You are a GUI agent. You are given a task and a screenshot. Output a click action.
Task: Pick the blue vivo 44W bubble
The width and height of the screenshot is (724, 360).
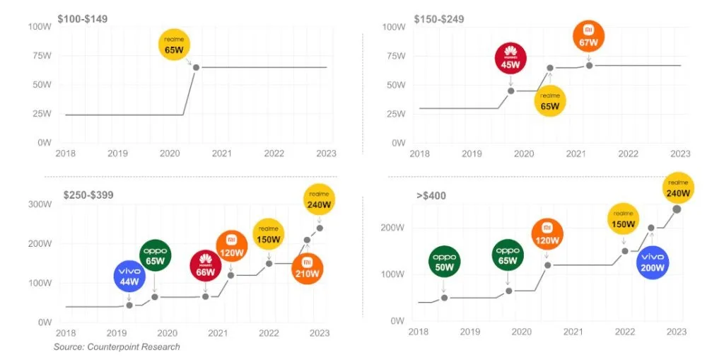click(x=129, y=277)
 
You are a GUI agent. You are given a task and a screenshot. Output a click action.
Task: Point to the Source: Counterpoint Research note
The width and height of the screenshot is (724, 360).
click(x=117, y=347)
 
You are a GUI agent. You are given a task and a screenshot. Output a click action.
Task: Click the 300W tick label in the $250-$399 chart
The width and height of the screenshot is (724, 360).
click(x=40, y=204)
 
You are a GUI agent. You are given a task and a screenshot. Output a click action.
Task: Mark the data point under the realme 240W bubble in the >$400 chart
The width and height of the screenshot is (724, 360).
click(x=677, y=209)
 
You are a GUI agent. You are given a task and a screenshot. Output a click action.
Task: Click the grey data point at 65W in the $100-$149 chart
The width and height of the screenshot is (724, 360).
click(x=196, y=67)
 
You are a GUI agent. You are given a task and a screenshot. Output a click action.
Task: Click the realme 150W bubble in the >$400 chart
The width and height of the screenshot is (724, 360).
click(x=624, y=220)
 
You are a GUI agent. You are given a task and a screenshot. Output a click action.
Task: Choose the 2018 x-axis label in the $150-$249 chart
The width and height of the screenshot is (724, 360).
click(x=419, y=153)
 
